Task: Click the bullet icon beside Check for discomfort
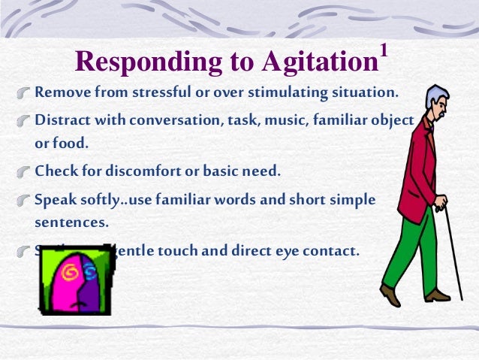[x=25, y=172]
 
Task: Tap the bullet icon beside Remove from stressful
[x=25, y=95]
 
